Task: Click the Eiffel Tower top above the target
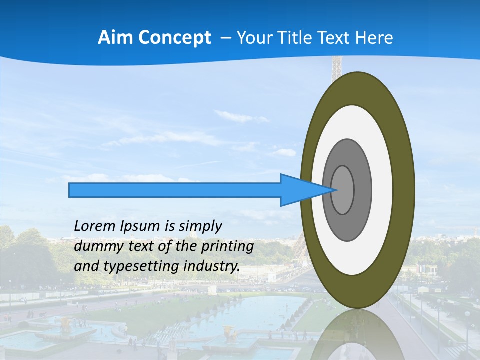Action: coord(337,64)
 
